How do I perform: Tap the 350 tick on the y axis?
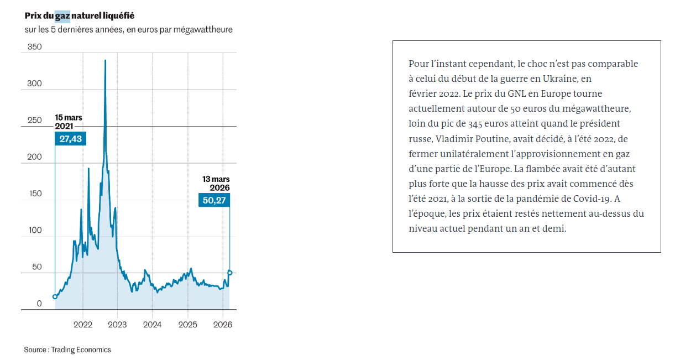point(35,48)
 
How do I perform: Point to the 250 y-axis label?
point(35,121)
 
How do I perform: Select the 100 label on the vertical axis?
point(35,230)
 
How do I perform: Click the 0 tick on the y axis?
point(39,304)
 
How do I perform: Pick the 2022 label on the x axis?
point(83,324)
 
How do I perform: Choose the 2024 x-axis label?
point(153,324)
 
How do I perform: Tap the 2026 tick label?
point(222,324)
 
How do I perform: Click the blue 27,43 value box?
point(71,139)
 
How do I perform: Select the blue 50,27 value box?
point(214,200)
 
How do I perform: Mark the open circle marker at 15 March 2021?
point(55,296)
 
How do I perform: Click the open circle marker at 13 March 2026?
point(229,273)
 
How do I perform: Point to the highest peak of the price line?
point(105,60)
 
